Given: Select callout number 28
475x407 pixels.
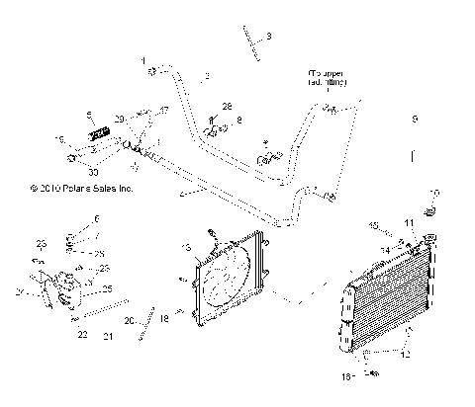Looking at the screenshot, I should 226,106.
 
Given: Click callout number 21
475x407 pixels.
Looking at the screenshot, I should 108,336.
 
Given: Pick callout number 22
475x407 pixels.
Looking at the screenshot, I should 82,335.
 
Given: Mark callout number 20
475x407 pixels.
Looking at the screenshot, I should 130,321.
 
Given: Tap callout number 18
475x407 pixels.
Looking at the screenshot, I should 165,319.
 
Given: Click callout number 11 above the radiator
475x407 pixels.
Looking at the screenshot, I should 409,224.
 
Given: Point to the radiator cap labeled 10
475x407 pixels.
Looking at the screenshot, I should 431,212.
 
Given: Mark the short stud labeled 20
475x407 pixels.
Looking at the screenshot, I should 148,322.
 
